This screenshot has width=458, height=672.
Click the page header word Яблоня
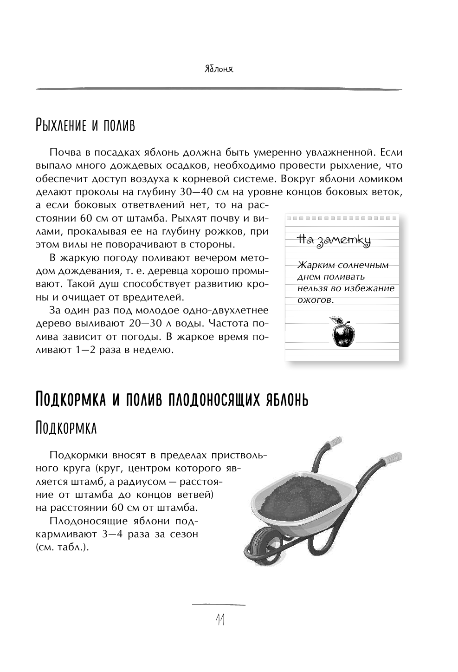click(x=219, y=70)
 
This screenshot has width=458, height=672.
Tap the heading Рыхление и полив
click(x=85, y=125)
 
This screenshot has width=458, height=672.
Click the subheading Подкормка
click(x=66, y=428)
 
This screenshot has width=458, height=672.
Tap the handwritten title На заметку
click(x=333, y=240)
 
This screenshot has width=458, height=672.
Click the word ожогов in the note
click(x=315, y=300)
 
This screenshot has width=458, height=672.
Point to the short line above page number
click(x=219, y=604)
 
